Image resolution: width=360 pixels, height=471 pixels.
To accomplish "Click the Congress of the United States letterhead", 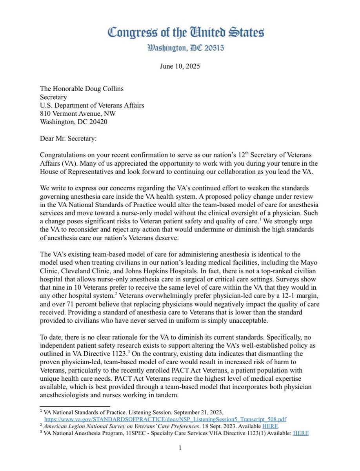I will point(180,31).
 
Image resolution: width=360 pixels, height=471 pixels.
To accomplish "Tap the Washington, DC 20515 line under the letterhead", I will point(180,49).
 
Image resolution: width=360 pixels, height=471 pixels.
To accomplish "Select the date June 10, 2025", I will point(180,66).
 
